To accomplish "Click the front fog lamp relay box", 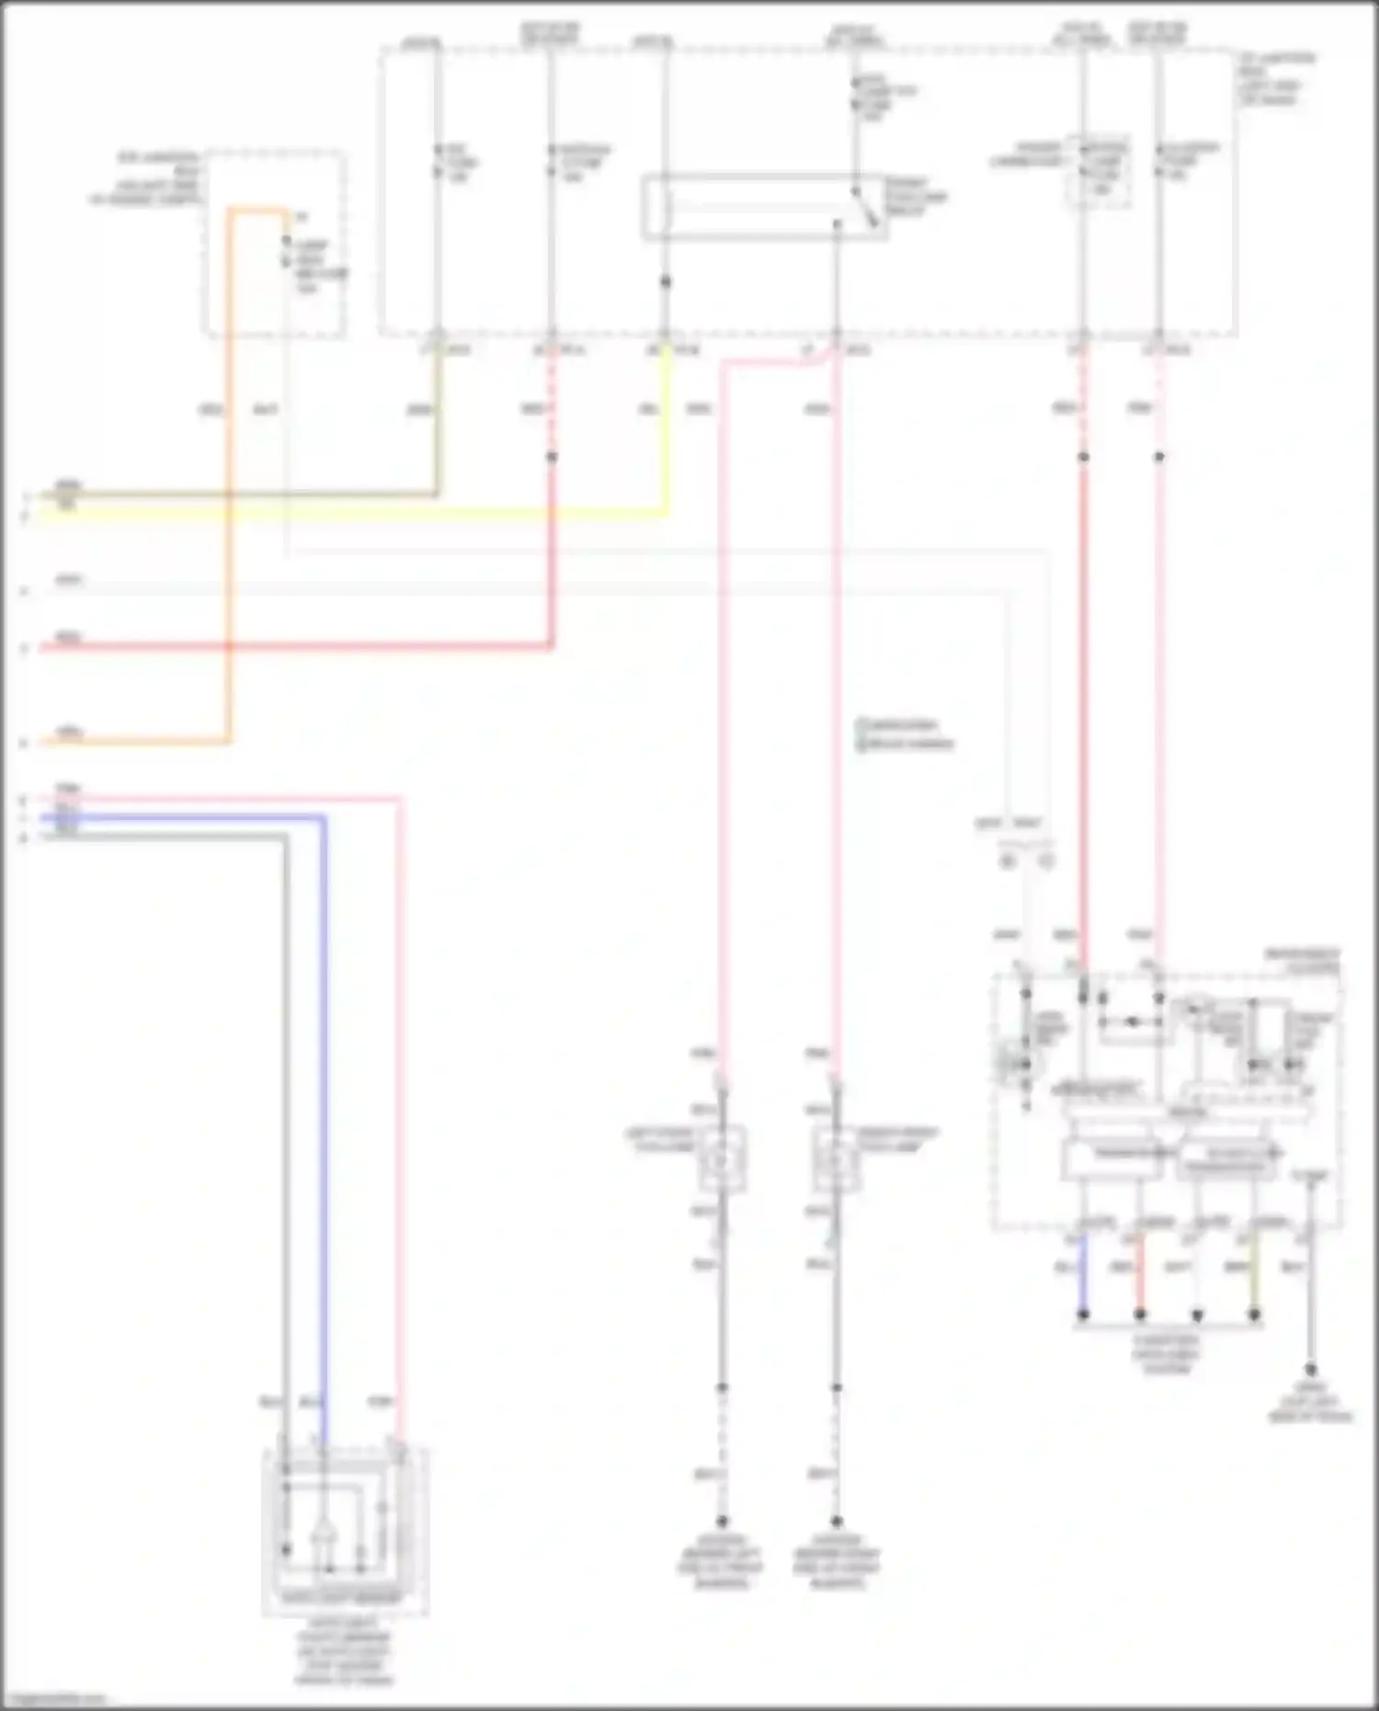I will tap(764, 207).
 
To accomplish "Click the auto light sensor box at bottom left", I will tap(345, 1531).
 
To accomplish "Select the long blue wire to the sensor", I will tap(324, 1103).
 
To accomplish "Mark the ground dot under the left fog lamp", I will tap(722, 1522).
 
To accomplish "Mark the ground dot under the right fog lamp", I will tap(836, 1522).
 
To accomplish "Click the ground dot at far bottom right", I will tap(1311, 1371).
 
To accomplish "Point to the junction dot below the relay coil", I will tap(665, 281).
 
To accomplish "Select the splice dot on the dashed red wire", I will tap(552, 457).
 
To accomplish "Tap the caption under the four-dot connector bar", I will tap(1167, 1354).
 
